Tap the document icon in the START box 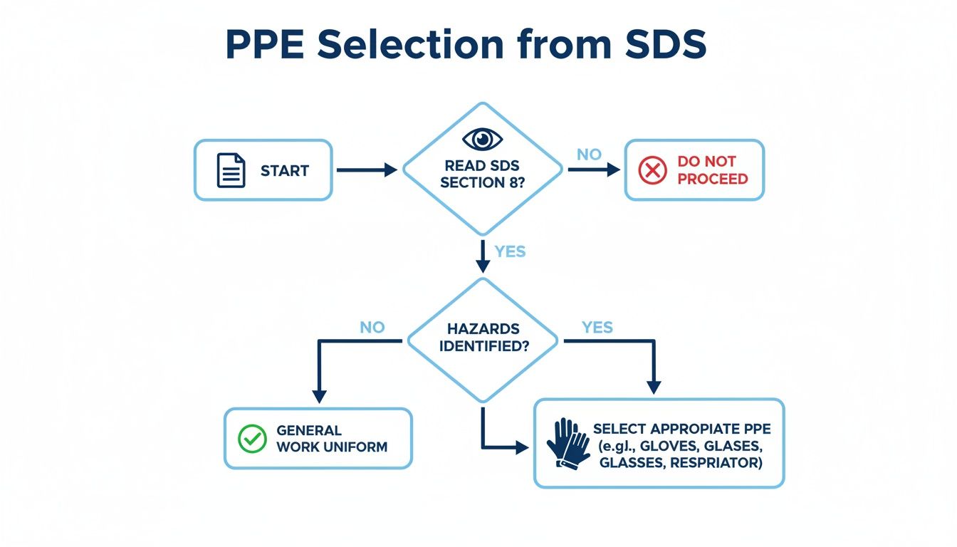231,171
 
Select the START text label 284,171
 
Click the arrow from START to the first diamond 366,170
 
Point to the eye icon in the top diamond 482,138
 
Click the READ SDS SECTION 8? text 482,174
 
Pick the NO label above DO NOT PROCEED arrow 589,155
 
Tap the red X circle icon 652,170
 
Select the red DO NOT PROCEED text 712,170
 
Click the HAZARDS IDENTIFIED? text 483,338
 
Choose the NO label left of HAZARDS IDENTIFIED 372,328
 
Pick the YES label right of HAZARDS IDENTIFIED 597,328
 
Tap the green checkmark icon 251,439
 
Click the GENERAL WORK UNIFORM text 331,439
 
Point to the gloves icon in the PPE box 568,443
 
